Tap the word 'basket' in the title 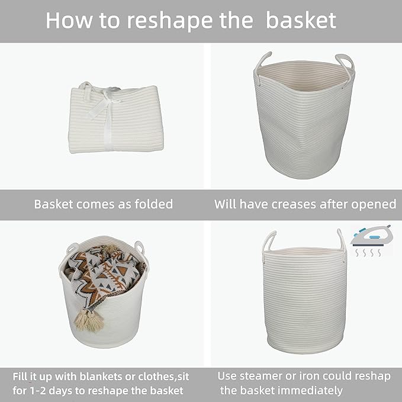pos(301,20)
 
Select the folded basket pos(115,118)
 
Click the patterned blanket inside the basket pos(104,272)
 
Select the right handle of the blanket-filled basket pos(140,247)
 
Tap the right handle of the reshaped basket pos(342,239)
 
